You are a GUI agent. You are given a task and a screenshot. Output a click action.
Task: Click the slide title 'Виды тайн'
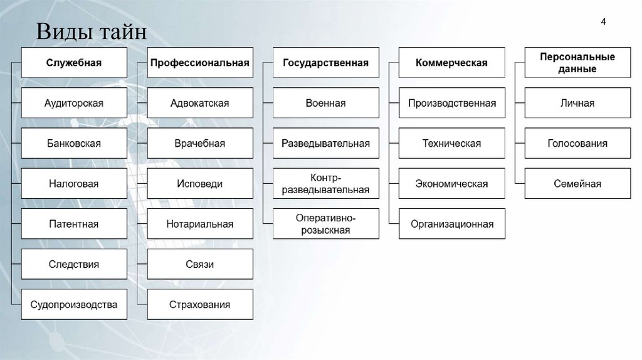[x=91, y=31]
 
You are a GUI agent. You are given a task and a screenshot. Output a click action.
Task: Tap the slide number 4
[x=603, y=23]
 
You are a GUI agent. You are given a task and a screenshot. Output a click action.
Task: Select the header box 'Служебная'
[x=74, y=63]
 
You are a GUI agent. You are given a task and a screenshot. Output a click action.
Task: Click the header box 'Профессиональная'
[x=200, y=63]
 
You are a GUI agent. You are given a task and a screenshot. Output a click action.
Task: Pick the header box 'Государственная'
[x=325, y=63]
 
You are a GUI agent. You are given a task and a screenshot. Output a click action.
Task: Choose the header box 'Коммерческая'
[x=451, y=63]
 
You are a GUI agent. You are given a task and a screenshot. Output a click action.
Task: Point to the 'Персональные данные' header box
[x=577, y=63]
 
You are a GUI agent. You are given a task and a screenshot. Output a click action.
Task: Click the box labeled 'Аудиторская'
[x=74, y=103]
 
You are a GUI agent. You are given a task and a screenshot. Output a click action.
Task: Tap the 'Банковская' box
[x=74, y=144]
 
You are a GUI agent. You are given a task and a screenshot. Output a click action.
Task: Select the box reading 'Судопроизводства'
[x=74, y=305]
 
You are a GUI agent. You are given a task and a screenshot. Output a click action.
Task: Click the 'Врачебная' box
[x=200, y=144]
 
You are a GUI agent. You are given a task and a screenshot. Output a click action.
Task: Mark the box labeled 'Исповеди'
[x=200, y=184]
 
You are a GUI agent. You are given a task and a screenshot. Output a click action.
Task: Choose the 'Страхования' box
[x=200, y=305]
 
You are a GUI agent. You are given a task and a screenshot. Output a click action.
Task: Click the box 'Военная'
[x=325, y=103]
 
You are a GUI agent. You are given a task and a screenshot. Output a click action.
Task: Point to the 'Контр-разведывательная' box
[x=325, y=184]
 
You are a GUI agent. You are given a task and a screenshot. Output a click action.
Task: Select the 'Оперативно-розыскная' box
[x=325, y=224]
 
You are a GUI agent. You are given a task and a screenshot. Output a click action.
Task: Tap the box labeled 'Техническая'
[x=451, y=144]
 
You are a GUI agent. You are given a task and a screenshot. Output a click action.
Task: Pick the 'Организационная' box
[x=451, y=224]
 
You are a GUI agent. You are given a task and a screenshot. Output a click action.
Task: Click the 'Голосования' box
[x=577, y=144]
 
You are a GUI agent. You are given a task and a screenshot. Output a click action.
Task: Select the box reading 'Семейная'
[x=577, y=184]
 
